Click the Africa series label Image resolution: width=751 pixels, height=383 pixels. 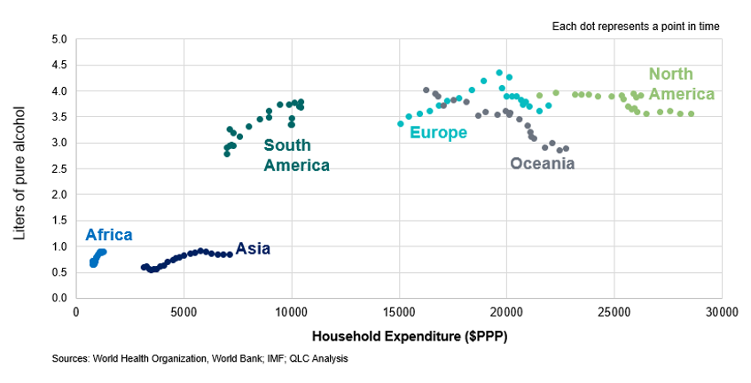tap(109, 235)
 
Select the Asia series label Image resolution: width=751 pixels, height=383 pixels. tap(253, 249)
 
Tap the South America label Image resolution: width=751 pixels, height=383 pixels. tap(296, 155)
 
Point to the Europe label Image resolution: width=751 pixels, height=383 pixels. tap(438, 133)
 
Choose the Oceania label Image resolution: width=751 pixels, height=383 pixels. tap(542, 163)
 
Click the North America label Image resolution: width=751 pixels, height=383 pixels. tap(680, 84)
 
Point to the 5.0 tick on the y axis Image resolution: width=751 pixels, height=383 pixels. tap(59, 39)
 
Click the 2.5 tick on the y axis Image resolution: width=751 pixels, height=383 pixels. tap(59, 168)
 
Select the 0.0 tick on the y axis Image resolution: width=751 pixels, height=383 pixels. tap(59, 298)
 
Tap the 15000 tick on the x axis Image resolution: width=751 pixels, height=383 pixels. tap(399, 313)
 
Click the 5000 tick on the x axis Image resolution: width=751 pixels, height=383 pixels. tap(184, 313)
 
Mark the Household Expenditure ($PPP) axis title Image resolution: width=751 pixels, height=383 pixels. tap(398, 337)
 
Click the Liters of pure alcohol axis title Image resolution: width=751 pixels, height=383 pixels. tap(21, 168)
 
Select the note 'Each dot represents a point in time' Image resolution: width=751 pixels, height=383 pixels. tap(635, 27)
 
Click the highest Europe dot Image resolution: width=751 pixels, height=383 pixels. tap(499, 73)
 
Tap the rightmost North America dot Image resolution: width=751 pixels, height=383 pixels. tap(691, 113)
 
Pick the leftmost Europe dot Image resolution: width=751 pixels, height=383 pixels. tap(401, 123)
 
